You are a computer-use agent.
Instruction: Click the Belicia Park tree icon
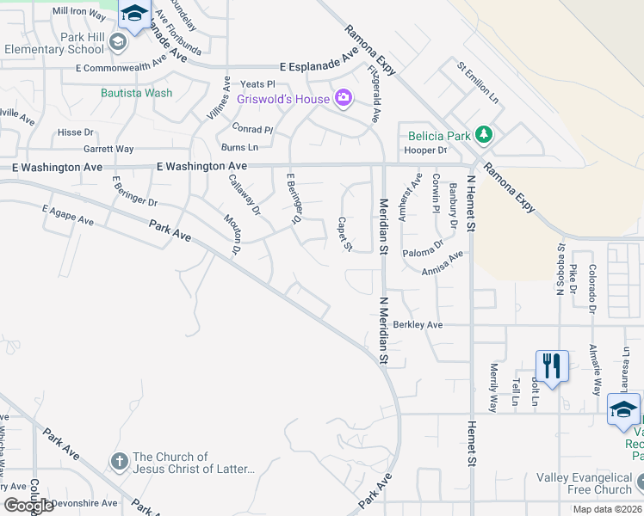tap(485, 134)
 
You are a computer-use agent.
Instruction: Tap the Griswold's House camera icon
tap(344, 99)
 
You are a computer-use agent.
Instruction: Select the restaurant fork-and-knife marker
tap(550, 365)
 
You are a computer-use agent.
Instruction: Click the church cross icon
tap(120, 463)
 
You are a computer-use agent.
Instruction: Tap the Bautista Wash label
tap(136, 93)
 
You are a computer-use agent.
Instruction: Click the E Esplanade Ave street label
tap(319, 66)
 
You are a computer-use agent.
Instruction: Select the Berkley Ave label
tap(418, 325)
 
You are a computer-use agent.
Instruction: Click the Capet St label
tap(344, 234)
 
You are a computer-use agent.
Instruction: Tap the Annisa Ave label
tap(443, 263)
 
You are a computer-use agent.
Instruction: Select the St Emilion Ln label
tap(478, 82)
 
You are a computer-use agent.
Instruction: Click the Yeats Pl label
tap(257, 84)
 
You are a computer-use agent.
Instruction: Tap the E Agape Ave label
tap(67, 215)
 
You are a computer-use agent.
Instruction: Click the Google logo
tap(28, 506)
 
